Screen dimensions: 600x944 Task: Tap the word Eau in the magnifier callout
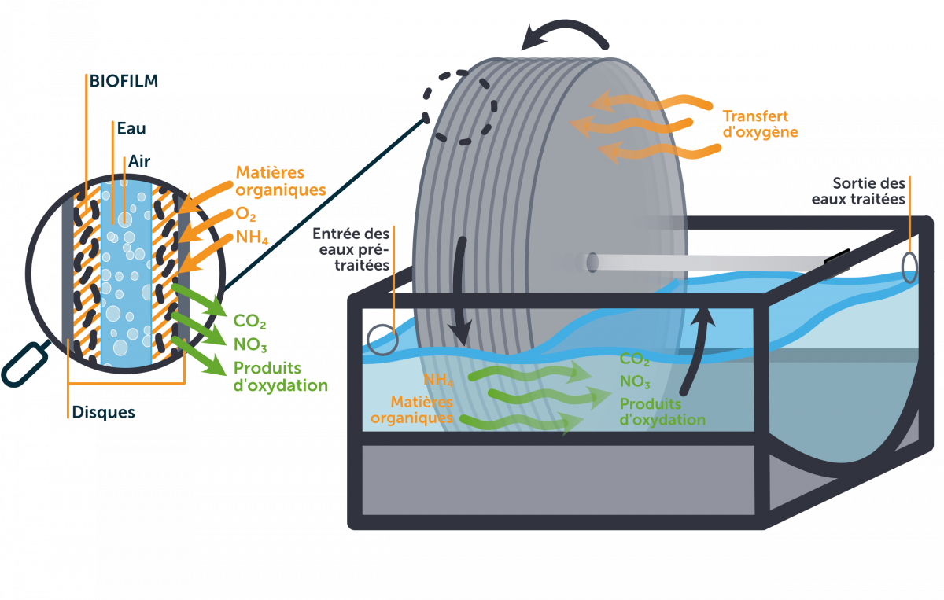pos(131,127)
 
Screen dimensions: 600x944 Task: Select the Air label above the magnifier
pos(140,160)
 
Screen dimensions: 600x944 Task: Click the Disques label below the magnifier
pos(103,412)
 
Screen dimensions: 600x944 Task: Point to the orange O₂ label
pos(246,215)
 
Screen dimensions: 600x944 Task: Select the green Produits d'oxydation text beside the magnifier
pos(280,377)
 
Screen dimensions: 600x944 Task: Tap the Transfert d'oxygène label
pos(760,123)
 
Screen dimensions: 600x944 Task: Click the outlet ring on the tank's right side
pos(909,267)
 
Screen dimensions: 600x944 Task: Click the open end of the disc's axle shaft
pos(592,263)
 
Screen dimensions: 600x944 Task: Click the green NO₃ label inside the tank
pos(635,383)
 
